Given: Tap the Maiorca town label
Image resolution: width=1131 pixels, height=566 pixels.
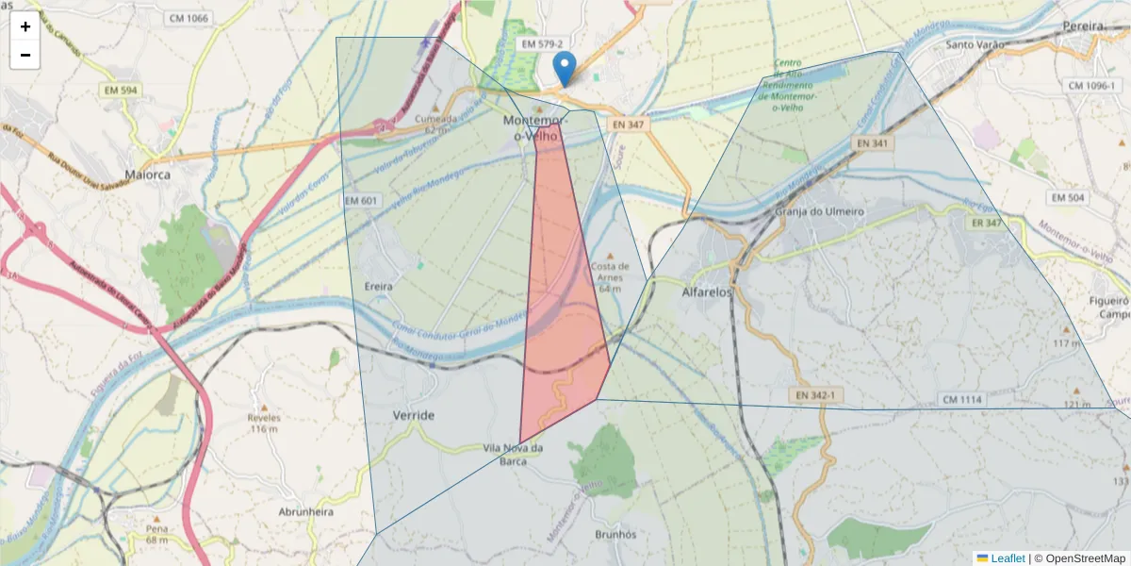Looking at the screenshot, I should click(147, 175).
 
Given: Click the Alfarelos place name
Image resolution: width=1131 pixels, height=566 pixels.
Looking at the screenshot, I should click(707, 292).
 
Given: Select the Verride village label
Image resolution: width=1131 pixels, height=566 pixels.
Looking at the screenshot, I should click(414, 415).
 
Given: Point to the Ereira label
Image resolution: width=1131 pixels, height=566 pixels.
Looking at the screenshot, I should click(377, 285).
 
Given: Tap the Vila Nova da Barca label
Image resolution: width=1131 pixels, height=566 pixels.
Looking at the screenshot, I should click(513, 455).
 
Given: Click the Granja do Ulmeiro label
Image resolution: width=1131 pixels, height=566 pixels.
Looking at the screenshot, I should click(819, 211).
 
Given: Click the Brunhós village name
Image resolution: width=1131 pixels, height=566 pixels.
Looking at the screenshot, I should click(616, 534).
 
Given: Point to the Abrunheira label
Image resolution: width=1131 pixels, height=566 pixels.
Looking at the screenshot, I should click(306, 511).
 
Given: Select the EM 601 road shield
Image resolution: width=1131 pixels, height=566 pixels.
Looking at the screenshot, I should click(361, 201).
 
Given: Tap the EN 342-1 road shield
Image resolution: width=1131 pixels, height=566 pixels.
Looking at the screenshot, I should click(815, 393).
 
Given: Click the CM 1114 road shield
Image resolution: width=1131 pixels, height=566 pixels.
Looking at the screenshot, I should click(962, 400).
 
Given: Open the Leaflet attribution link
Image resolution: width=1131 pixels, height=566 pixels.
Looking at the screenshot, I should click(1007, 558).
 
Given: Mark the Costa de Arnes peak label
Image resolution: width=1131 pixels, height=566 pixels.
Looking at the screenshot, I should click(610, 272).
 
